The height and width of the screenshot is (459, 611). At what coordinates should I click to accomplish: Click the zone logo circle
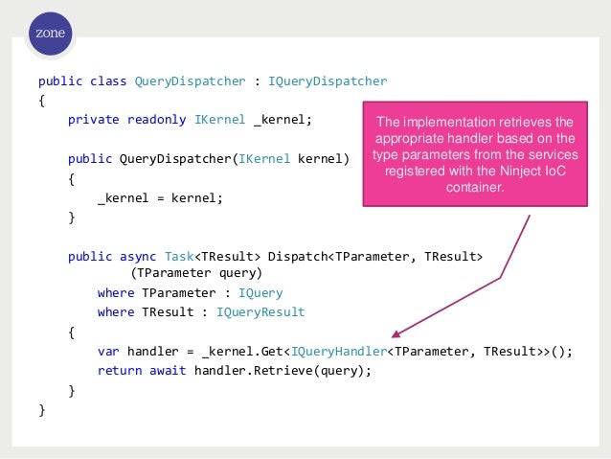point(51,34)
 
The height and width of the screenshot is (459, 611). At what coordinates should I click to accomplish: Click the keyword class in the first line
point(109,80)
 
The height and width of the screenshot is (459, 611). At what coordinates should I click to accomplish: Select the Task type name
point(180,256)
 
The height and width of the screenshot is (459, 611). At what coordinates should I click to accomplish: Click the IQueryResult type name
point(260,311)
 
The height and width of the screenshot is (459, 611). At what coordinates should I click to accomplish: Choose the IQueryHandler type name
point(341,351)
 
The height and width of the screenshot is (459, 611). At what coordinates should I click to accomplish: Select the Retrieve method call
point(293,371)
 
